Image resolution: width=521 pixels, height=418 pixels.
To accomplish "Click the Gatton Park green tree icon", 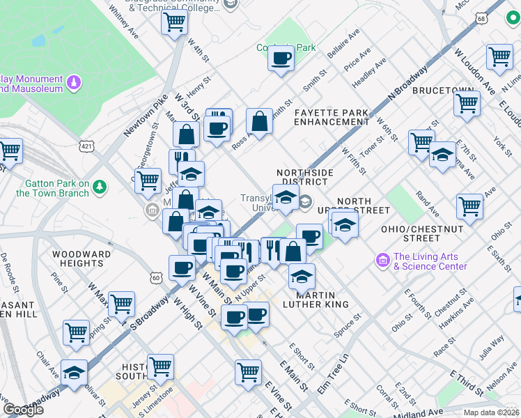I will pos(101,186).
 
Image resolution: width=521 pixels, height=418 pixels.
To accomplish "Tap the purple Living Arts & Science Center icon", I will pos(382,261).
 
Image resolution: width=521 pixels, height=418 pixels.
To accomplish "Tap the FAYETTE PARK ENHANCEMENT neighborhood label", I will pos(331,116).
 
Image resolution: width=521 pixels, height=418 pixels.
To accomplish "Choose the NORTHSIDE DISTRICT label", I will pos(304,177).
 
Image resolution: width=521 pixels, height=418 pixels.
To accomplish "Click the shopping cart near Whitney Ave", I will pos(174,22).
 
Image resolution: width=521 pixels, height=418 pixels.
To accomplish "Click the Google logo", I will pos(23,410).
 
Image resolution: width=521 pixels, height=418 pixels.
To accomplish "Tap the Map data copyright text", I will pos(491,412).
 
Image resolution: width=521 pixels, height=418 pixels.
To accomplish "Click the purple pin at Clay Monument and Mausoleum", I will pos(73,84).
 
